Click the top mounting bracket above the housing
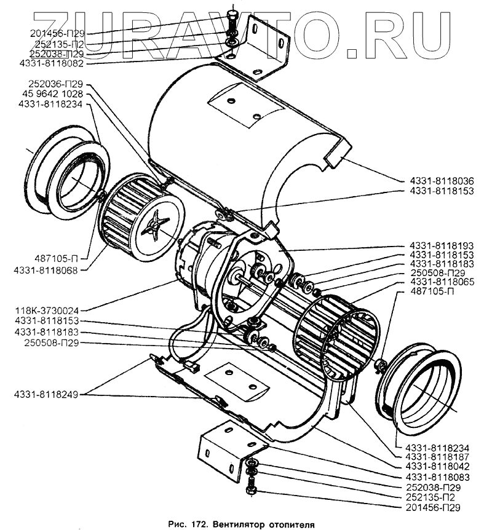264,49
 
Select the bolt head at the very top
232,15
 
